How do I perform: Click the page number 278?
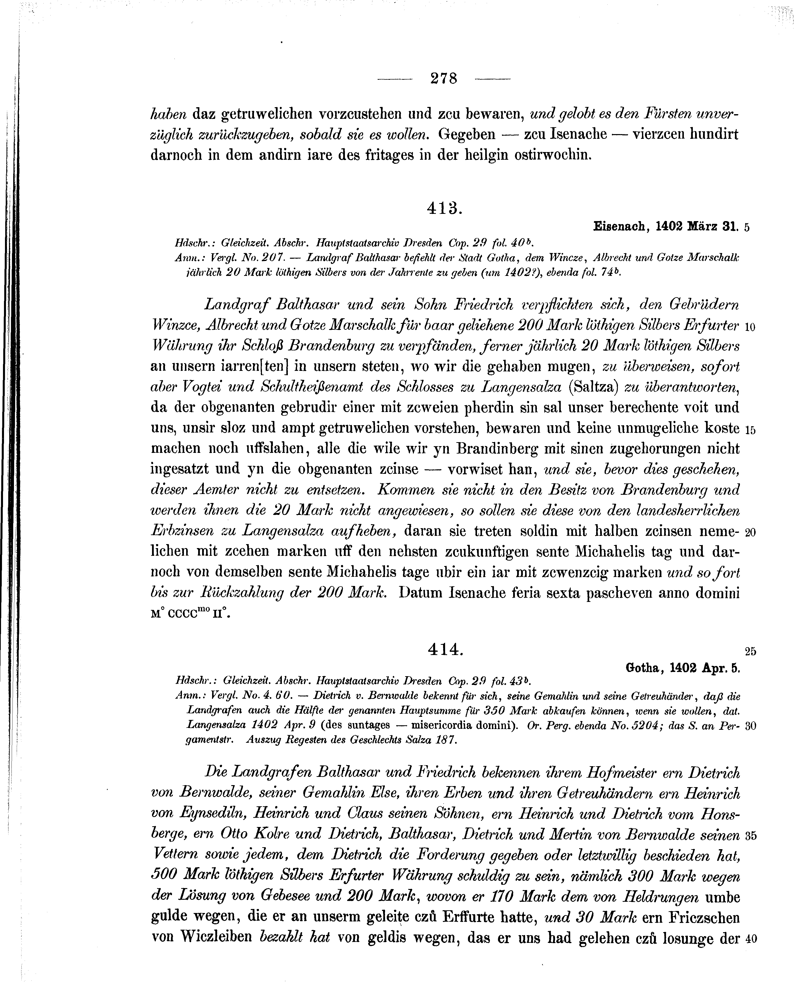click(444, 79)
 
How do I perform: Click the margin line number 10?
click(750, 327)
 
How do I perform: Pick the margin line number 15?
click(750, 430)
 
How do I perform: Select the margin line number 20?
click(750, 532)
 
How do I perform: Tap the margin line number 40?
click(750, 938)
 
